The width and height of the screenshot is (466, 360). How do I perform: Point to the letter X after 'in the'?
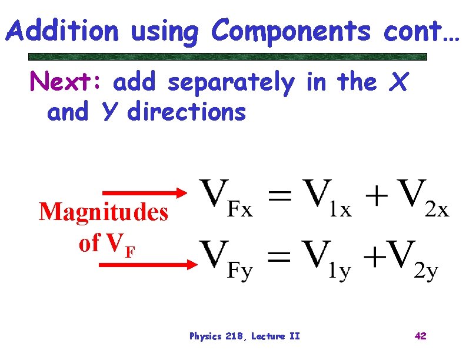pyautogui.click(x=398, y=84)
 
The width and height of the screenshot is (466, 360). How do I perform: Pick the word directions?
pyautogui.click(x=187, y=112)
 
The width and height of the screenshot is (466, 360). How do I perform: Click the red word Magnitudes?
pyautogui.click(x=104, y=212)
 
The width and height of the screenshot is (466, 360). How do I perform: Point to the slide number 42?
pyautogui.click(x=420, y=336)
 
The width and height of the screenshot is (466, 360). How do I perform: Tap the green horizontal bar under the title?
pyautogui.click(x=228, y=57)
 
